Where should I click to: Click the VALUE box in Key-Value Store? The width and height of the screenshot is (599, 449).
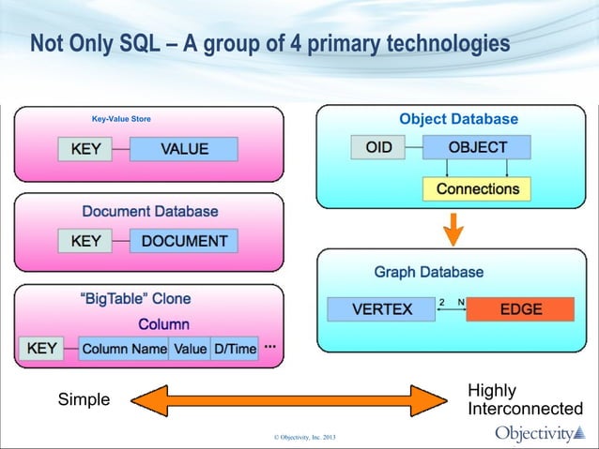coord(183,149)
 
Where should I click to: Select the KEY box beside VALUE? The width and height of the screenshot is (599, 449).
coord(85,149)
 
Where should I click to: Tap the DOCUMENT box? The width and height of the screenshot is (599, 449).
coord(184,241)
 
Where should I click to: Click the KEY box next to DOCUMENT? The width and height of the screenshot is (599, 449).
coord(85,241)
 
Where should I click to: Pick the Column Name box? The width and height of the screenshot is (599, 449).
coord(123,349)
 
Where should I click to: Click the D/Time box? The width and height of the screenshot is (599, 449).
coord(234,349)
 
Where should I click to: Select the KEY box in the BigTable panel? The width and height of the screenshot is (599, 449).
coord(42,349)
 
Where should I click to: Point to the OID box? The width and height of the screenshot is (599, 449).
coord(378,147)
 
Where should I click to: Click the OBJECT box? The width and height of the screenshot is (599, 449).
coord(477,147)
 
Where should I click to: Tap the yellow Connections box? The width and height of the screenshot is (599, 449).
coord(477,188)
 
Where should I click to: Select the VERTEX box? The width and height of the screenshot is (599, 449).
coord(381,309)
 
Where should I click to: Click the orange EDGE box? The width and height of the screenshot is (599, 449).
coord(520,309)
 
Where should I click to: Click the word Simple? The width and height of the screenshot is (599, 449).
coord(84,400)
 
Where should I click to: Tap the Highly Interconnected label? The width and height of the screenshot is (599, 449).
coord(524,400)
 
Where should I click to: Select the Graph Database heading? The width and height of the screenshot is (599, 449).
coord(429,273)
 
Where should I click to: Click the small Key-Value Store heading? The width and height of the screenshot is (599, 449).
coord(120,119)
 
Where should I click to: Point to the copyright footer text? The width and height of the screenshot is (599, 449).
coord(299,438)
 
